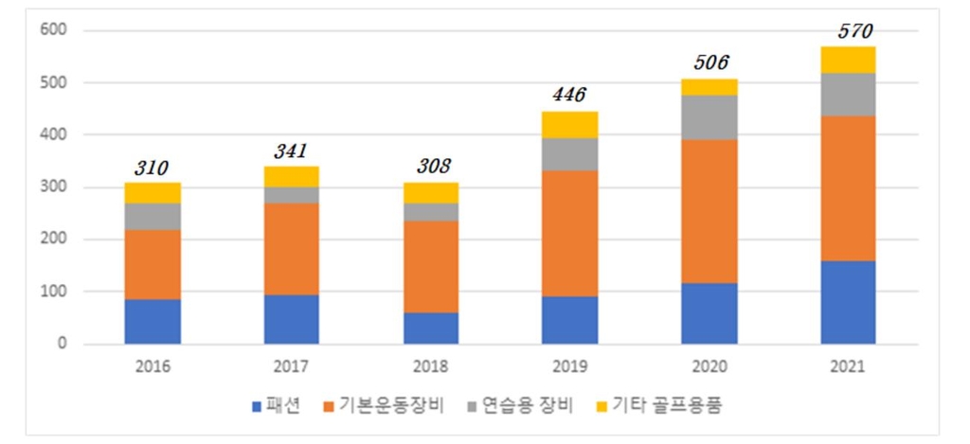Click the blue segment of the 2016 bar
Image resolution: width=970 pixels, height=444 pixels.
[x=153, y=321]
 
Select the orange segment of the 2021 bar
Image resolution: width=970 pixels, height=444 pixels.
[x=849, y=188]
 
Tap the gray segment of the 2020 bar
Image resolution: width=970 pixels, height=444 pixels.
[x=709, y=117]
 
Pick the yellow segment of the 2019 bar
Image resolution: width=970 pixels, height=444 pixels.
[x=570, y=124]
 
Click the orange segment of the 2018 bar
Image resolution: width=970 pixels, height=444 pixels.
[x=430, y=267]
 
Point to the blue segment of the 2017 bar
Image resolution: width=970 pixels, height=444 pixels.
[x=292, y=319]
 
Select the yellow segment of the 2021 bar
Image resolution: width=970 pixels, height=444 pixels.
[x=849, y=60]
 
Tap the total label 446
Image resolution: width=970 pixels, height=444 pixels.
[x=568, y=95]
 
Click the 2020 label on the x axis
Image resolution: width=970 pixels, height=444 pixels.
[x=709, y=366]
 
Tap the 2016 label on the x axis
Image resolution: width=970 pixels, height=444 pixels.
[x=153, y=366]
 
